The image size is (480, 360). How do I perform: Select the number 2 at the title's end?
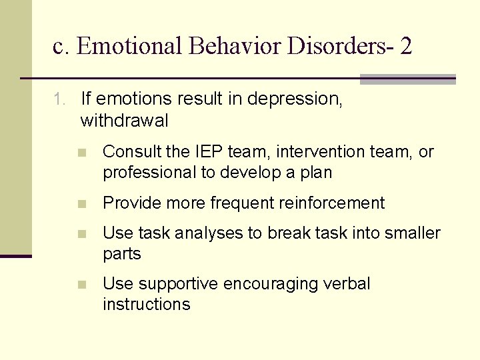pos(406,46)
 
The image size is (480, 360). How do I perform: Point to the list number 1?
pos(59,99)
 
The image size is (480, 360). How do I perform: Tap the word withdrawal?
pos(124,121)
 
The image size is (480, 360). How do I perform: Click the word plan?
pos(316,172)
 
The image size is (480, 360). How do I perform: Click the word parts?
pos(122,254)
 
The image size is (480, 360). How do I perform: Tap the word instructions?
pos(146,305)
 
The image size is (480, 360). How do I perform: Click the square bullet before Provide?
pos(81,203)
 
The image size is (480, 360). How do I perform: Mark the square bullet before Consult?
pos(81,153)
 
